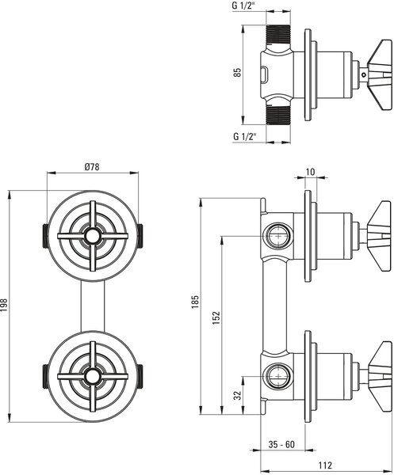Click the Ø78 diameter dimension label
click(92, 167)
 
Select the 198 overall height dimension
click(4, 306)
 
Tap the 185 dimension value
click(195, 302)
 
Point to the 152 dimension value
click(216, 317)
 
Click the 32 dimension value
click(238, 395)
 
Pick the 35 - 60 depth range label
click(281, 444)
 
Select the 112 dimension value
click(326, 465)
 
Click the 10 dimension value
click(310, 172)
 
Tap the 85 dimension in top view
click(238, 72)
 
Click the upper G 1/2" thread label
click(244, 6)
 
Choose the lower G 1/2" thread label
click(244, 136)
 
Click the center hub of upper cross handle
click(92, 236)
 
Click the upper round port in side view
click(278, 236)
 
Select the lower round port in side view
click(278, 376)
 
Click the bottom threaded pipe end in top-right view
click(278, 114)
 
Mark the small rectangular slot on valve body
click(264, 74)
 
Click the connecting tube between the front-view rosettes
click(93, 306)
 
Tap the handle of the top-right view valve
click(380, 74)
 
